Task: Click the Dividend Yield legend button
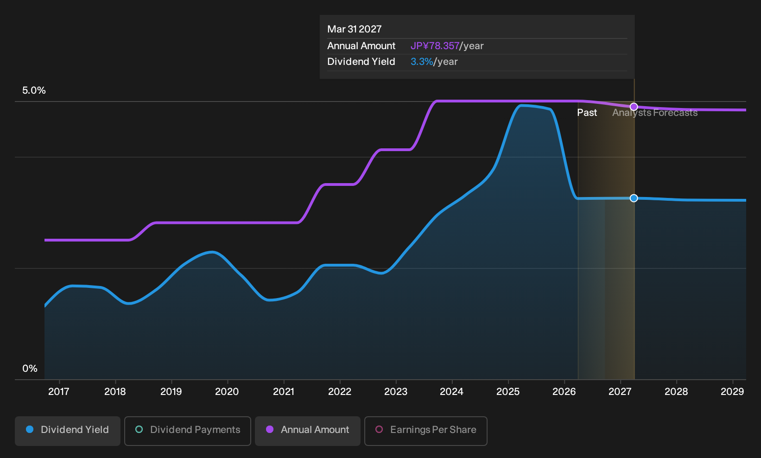(x=68, y=431)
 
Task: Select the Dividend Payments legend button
(x=188, y=431)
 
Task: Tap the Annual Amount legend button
(x=307, y=431)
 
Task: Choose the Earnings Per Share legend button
(x=425, y=431)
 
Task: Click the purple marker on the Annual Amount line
(x=634, y=107)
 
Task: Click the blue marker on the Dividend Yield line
(x=634, y=198)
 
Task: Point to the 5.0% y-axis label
(x=34, y=90)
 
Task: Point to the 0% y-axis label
(x=30, y=369)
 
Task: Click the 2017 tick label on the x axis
(x=59, y=392)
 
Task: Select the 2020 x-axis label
(x=227, y=392)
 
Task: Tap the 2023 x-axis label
(x=396, y=392)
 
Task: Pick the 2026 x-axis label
(x=564, y=392)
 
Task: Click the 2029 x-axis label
(x=732, y=392)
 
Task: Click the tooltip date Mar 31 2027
(x=355, y=29)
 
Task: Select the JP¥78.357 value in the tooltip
(x=435, y=46)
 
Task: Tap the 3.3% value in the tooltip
(x=422, y=62)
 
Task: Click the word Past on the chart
(x=587, y=113)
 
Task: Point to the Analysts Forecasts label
(x=655, y=113)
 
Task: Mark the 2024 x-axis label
(x=451, y=392)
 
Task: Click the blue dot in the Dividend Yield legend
(x=30, y=429)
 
